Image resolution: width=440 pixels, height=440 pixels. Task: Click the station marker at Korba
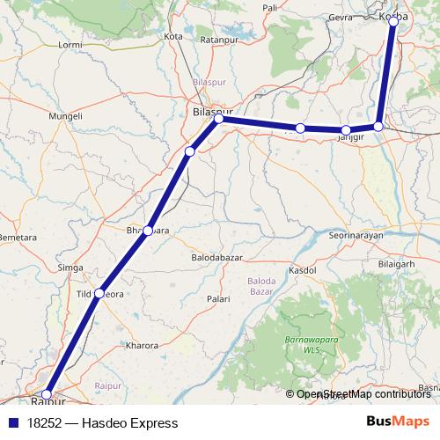pos(393,18)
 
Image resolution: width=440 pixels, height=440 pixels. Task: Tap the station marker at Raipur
pos(47,395)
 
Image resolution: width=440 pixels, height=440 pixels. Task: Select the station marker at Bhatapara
pos(148,231)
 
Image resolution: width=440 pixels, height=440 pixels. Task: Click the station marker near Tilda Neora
pos(99,292)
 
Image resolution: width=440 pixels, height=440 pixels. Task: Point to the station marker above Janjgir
pos(346,130)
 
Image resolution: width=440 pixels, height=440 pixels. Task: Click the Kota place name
pos(172,36)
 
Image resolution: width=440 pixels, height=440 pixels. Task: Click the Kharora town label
pos(143,346)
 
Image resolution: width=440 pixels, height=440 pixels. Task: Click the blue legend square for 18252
pos(13,423)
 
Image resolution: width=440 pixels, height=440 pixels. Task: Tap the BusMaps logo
pos(399,422)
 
